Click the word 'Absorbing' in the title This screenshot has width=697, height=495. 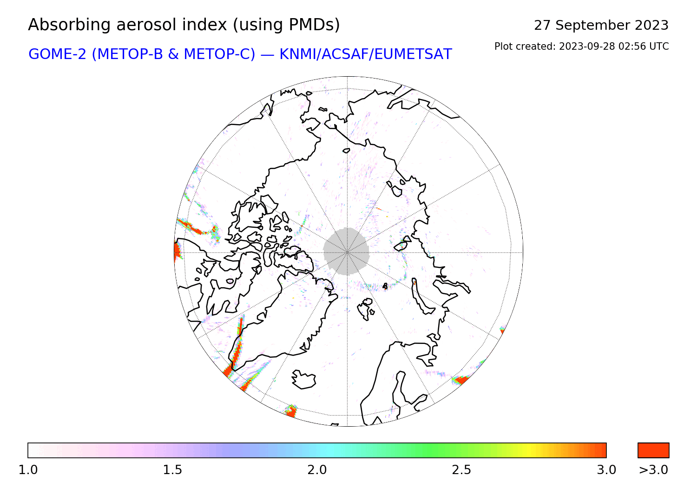69,25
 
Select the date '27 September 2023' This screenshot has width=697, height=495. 601,25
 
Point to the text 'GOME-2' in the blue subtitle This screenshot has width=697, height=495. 57,54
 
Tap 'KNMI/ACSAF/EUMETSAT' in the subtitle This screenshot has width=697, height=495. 366,54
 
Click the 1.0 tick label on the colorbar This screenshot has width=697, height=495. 28,469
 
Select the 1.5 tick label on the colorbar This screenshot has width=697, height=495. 172,469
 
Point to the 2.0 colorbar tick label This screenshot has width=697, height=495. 317,469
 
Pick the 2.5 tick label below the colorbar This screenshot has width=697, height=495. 461,469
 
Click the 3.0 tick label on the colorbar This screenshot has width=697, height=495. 606,469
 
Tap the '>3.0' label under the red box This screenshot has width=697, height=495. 653,469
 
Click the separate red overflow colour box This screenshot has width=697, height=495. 653,450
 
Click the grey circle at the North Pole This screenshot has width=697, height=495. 346,251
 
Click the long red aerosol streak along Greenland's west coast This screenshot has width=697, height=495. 236,349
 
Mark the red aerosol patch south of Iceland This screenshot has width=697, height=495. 291,411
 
